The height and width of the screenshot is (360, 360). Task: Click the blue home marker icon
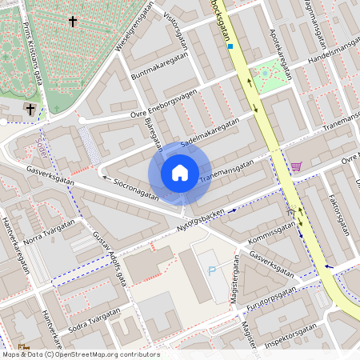click(180, 173)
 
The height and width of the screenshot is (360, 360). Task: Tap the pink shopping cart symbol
click(297, 166)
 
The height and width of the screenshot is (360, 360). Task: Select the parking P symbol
click(212, 271)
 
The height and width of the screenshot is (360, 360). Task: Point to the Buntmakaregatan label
click(160, 67)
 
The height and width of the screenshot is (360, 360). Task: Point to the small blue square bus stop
click(230, 46)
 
